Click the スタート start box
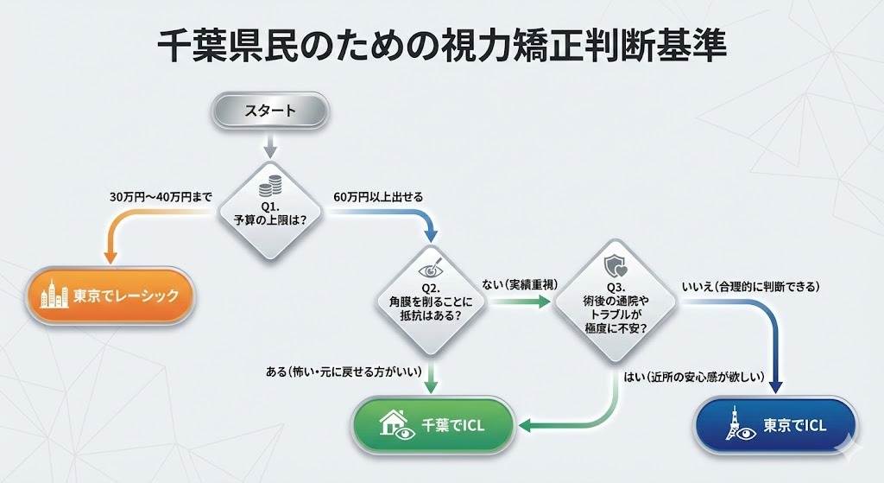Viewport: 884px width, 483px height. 269,111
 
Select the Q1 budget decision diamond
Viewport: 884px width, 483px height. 269,211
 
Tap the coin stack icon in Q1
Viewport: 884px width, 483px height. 270,185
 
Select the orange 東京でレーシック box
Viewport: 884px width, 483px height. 109,296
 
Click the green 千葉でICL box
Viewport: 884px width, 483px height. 435,425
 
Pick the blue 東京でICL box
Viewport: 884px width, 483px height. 774,425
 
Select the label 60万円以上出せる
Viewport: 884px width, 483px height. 378,197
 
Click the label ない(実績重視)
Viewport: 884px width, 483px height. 518,284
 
